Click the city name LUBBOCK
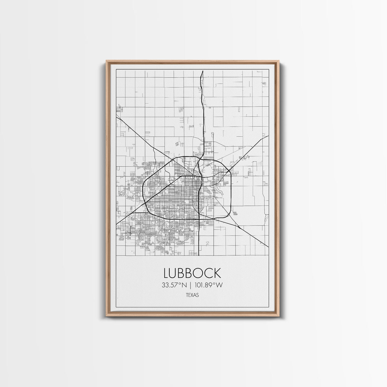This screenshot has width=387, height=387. click(192, 273)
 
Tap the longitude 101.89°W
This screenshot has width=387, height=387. click(209, 285)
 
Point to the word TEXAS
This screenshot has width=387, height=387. click(192, 294)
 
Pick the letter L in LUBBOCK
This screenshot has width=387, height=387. click(167, 273)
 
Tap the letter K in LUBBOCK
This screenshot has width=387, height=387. click(217, 273)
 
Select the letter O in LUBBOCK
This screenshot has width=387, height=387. click(198, 273)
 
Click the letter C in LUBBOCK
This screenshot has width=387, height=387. click(208, 273)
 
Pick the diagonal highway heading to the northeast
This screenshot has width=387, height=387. click(252, 148)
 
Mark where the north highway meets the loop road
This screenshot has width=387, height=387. click(201, 158)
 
